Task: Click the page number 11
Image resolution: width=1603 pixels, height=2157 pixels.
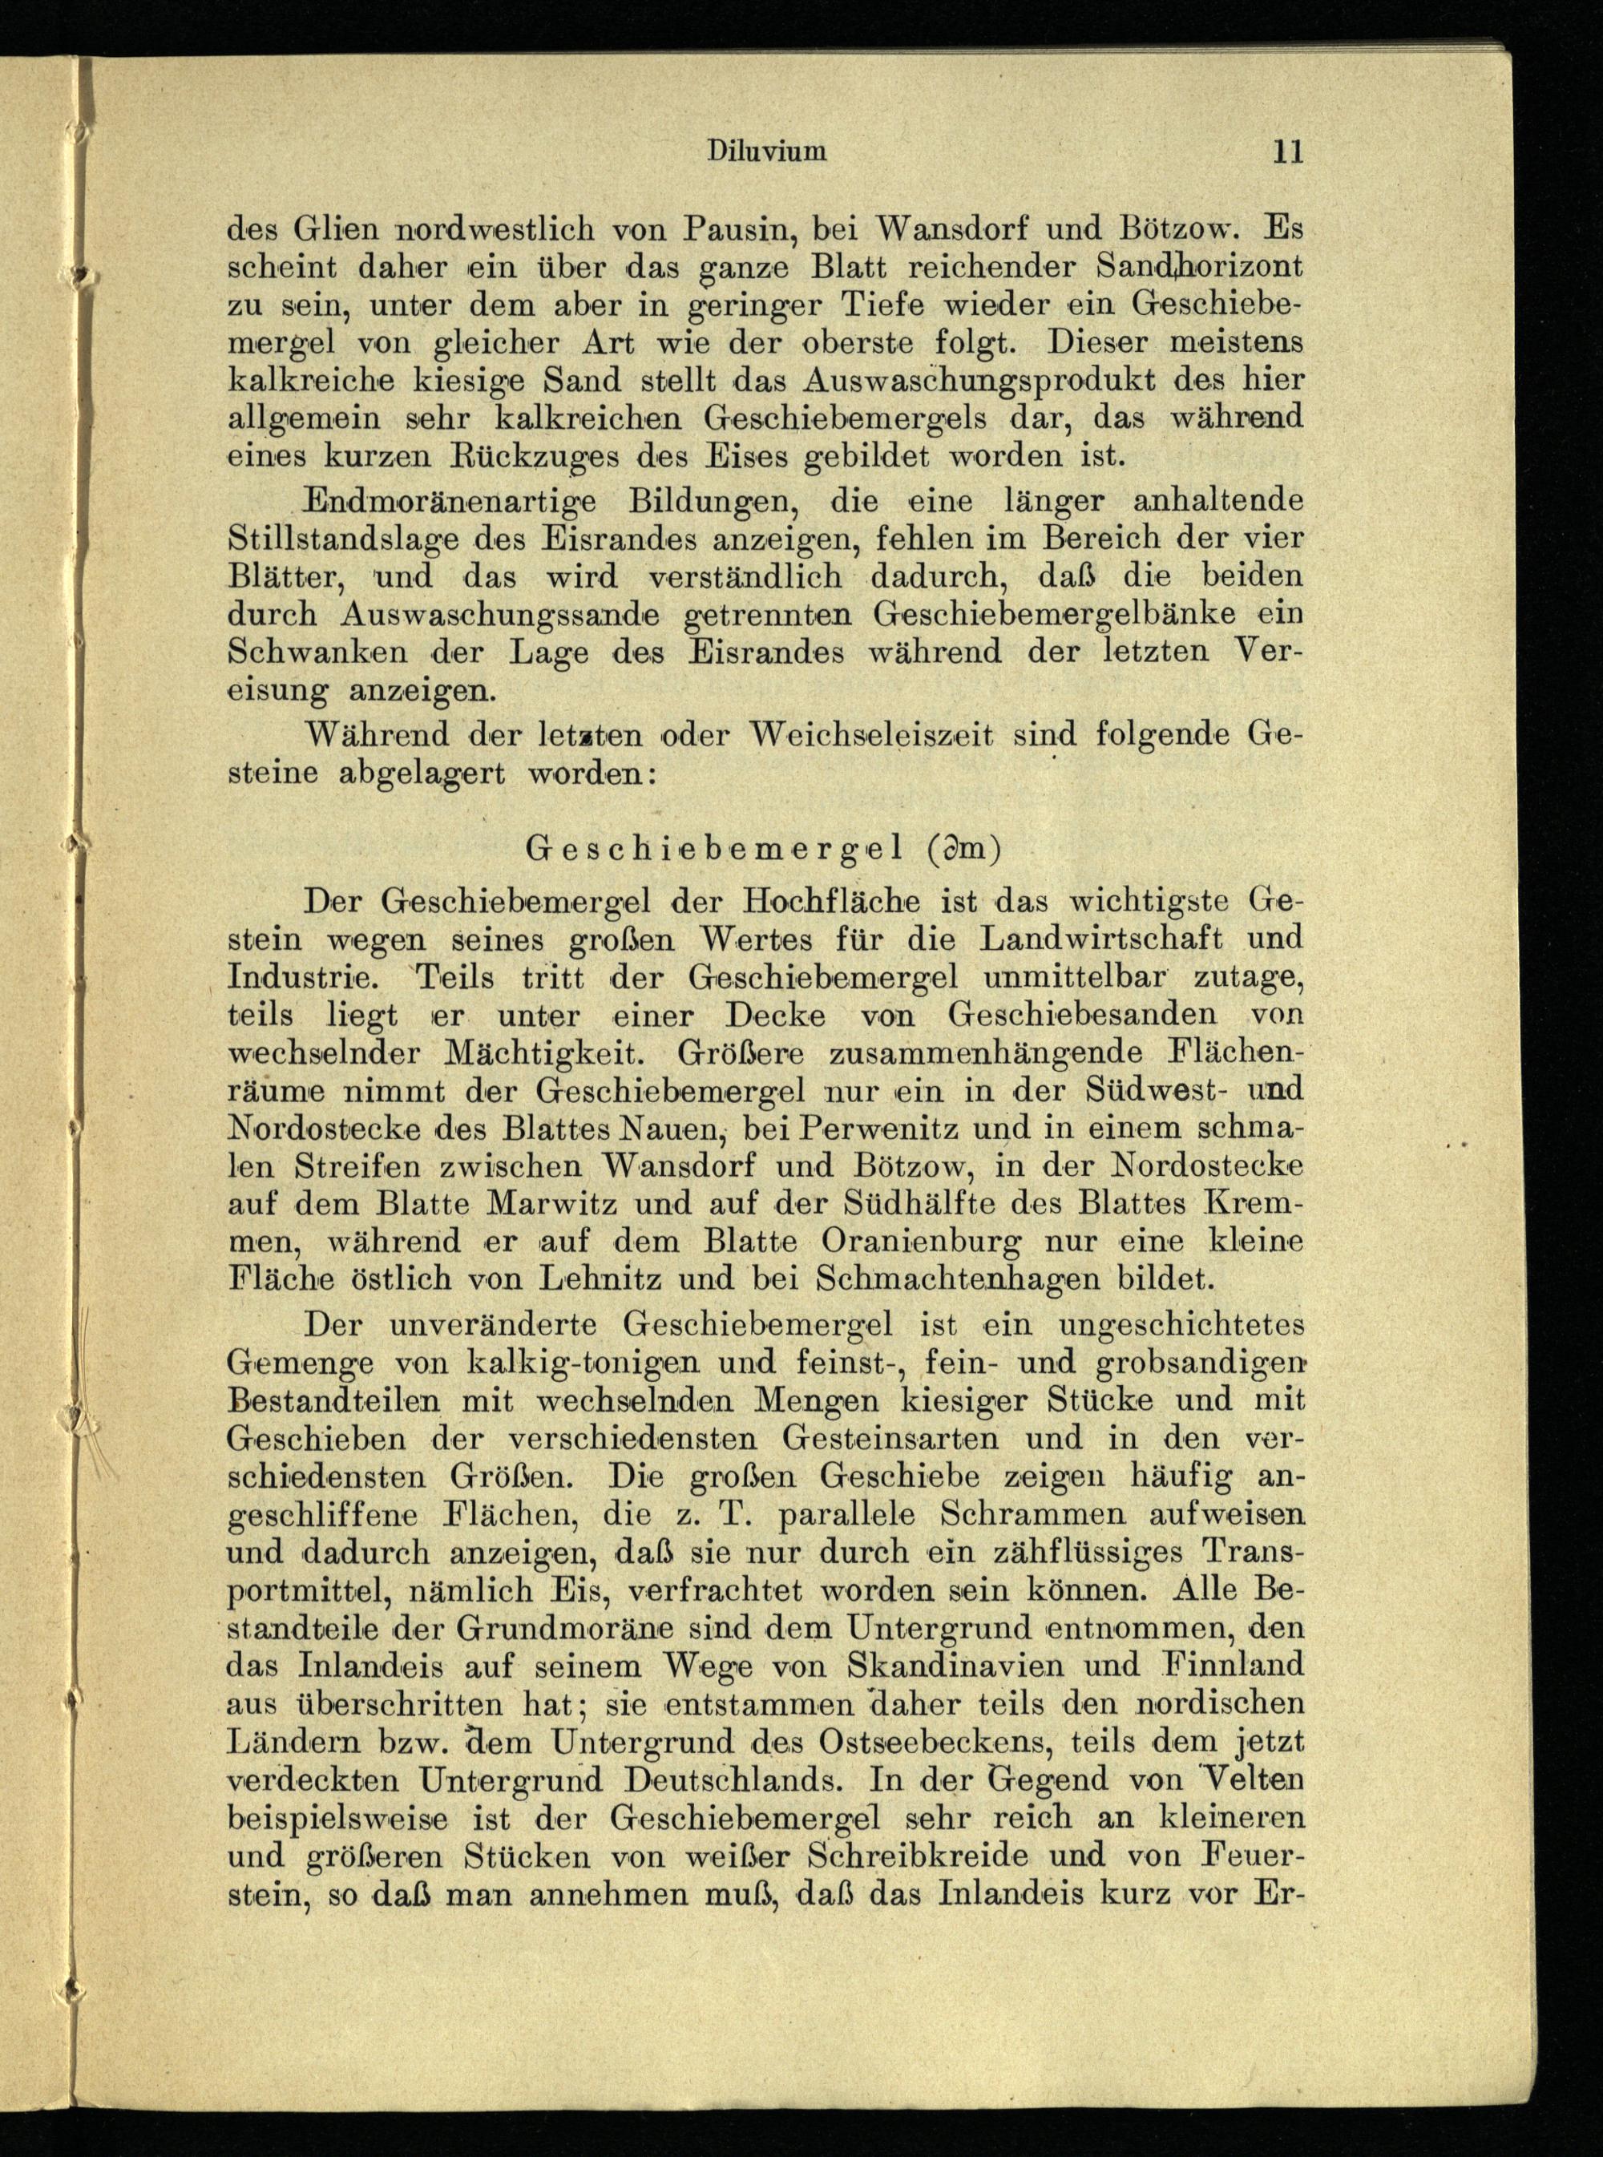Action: pos(1286,151)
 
